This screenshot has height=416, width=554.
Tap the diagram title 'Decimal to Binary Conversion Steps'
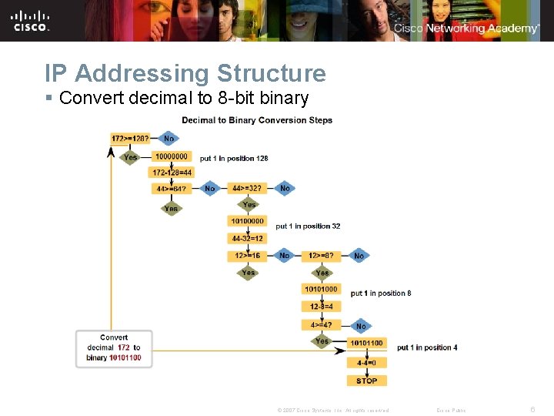pyautogui.click(x=257, y=120)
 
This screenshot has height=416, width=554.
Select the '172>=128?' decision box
pyautogui.click(x=130, y=139)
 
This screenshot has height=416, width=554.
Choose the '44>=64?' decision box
pyautogui.click(x=171, y=188)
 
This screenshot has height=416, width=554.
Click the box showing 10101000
pyautogui.click(x=321, y=290)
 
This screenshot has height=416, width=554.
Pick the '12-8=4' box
pyautogui.click(x=321, y=307)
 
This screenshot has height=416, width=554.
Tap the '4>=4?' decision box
pyautogui.click(x=321, y=325)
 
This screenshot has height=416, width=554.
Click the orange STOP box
pyautogui.click(x=367, y=381)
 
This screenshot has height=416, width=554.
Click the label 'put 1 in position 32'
pyautogui.click(x=308, y=226)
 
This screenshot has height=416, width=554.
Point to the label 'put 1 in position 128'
pyautogui.click(x=234, y=159)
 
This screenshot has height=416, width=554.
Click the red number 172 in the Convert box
pyautogui.click(x=123, y=347)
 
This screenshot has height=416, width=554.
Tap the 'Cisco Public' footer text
pyautogui.click(x=451, y=410)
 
